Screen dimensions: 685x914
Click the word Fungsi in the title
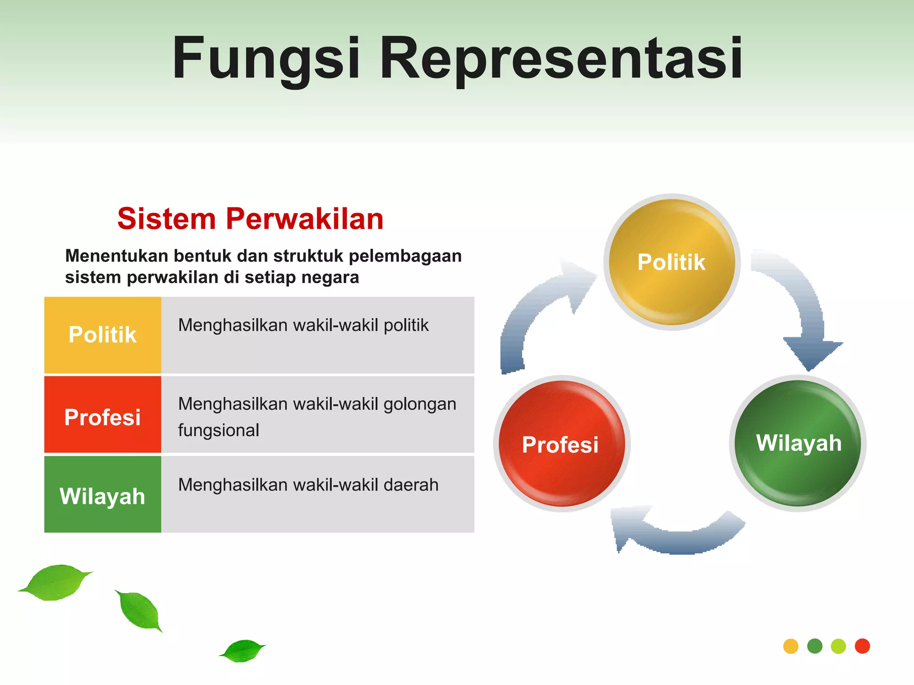coord(266,59)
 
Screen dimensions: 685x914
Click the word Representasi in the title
coord(561,59)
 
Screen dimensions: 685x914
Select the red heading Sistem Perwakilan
coord(250,219)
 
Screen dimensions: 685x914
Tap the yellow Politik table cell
coord(103,335)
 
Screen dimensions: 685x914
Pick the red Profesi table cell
coord(103,415)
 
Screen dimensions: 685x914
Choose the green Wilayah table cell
coord(103,495)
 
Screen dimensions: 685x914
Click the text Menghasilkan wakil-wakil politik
coord(303,326)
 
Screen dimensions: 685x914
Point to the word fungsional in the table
coord(219,430)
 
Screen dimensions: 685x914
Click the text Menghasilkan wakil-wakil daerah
coord(308,485)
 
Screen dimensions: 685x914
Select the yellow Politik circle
coord(672,262)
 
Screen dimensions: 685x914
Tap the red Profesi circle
coord(561,444)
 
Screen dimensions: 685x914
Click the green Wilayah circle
coord(798,443)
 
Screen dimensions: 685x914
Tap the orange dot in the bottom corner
coord(791,646)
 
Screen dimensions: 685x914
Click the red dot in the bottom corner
coord(862,646)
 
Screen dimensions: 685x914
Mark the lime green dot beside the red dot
coord(839,646)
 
